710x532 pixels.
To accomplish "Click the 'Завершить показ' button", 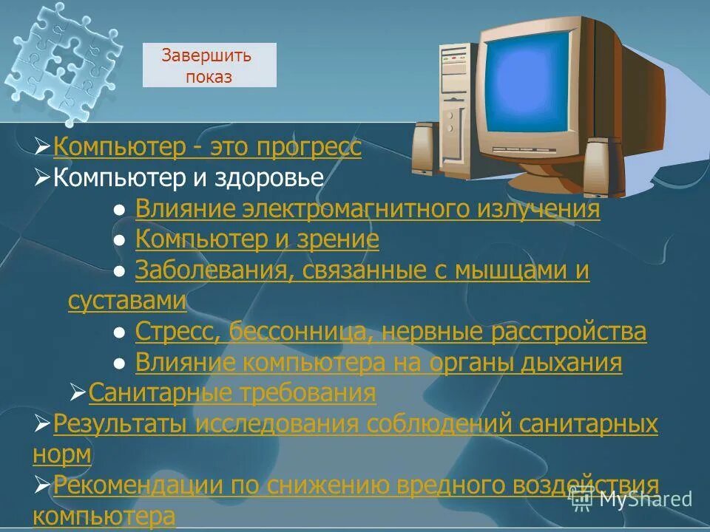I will pyautogui.click(x=209, y=65).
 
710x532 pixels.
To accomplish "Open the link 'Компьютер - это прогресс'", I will pyautogui.click(x=207, y=147).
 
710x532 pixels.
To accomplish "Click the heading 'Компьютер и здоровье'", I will pyautogui.click(x=189, y=177).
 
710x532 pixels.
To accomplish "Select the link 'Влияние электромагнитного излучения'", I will pyautogui.click(x=368, y=209).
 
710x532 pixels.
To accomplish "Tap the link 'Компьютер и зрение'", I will pyautogui.click(x=257, y=239).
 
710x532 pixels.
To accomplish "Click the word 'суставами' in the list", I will pyautogui.click(x=126, y=301).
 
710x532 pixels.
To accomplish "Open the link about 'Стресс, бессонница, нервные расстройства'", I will pyautogui.click(x=390, y=332).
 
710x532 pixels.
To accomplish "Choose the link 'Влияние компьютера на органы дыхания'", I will pyautogui.click(x=379, y=363).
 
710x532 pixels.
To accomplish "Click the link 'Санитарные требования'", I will pyautogui.click(x=232, y=393).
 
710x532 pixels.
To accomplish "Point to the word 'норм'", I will pyautogui.click(x=62, y=454).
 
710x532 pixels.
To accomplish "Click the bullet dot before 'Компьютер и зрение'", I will pyautogui.click(x=118, y=240).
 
